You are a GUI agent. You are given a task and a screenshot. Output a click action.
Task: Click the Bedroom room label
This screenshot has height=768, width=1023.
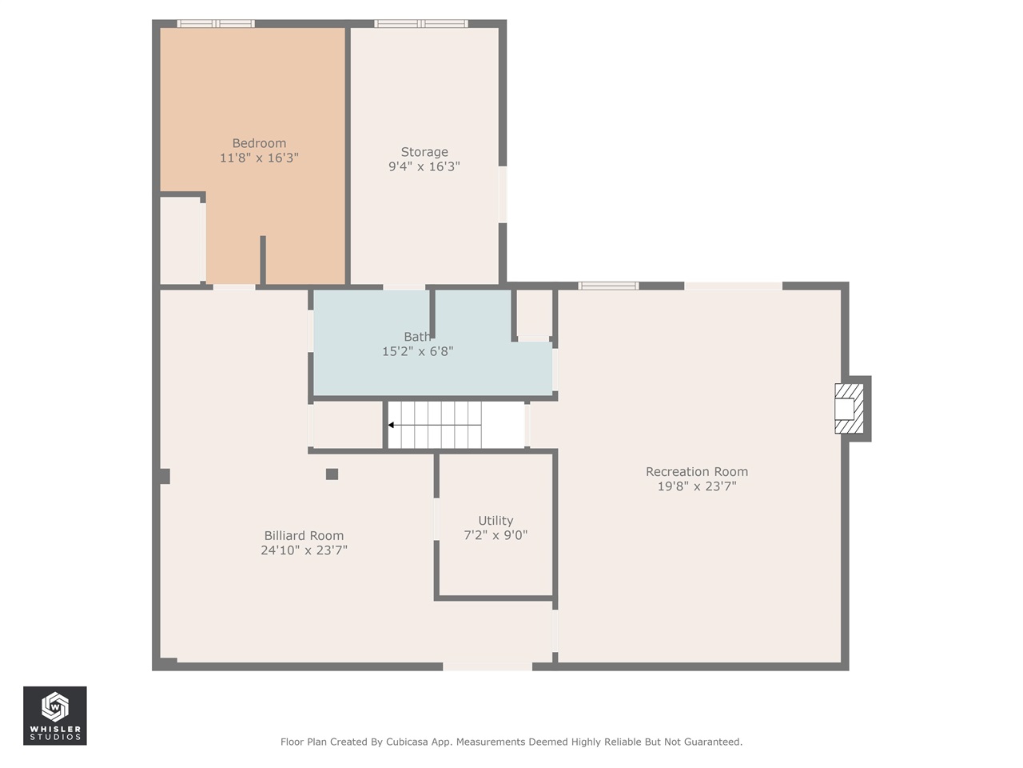pyautogui.click(x=259, y=143)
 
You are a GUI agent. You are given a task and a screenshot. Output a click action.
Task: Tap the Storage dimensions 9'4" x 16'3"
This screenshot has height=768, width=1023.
pyautogui.click(x=424, y=166)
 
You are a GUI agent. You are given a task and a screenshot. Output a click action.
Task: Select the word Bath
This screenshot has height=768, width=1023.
pyautogui.click(x=416, y=336)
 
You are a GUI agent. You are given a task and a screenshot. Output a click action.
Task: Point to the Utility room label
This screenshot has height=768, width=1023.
pyautogui.click(x=496, y=520)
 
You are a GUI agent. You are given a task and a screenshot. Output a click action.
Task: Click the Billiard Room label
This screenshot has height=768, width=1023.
pyautogui.click(x=304, y=535)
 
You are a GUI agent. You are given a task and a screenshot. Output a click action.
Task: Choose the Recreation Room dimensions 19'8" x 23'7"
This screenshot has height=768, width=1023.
pyautogui.click(x=697, y=486)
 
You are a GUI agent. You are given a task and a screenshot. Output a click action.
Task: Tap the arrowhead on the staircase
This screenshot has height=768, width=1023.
pyautogui.click(x=391, y=425)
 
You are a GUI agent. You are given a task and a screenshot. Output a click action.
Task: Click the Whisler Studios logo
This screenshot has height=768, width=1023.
pyautogui.click(x=55, y=715)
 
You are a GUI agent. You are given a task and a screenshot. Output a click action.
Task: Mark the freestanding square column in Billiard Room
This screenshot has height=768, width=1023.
pyautogui.click(x=332, y=474)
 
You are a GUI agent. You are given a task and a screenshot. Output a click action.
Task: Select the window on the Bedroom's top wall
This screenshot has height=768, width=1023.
pyautogui.click(x=216, y=24)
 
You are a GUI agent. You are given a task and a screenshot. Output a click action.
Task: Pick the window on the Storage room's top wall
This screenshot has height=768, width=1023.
pyautogui.click(x=421, y=24)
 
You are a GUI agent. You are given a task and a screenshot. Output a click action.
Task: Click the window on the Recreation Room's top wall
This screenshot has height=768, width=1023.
pyautogui.click(x=608, y=286)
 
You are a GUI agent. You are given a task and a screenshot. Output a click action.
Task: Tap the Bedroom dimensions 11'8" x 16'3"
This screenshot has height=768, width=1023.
pyautogui.click(x=259, y=158)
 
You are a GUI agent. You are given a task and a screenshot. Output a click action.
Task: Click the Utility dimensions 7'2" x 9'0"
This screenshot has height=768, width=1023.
pyautogui.click(x=496, y=535)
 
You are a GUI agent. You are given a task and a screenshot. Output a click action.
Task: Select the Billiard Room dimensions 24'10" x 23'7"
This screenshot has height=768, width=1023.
pyautogui.click(x=304, y=550)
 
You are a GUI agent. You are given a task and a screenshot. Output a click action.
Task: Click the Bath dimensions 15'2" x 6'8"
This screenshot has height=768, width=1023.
pyautogui.click(x=417, y=351)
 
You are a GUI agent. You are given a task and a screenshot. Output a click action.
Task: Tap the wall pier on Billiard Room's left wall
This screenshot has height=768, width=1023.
pyautogui.click(x=165, y=476)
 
